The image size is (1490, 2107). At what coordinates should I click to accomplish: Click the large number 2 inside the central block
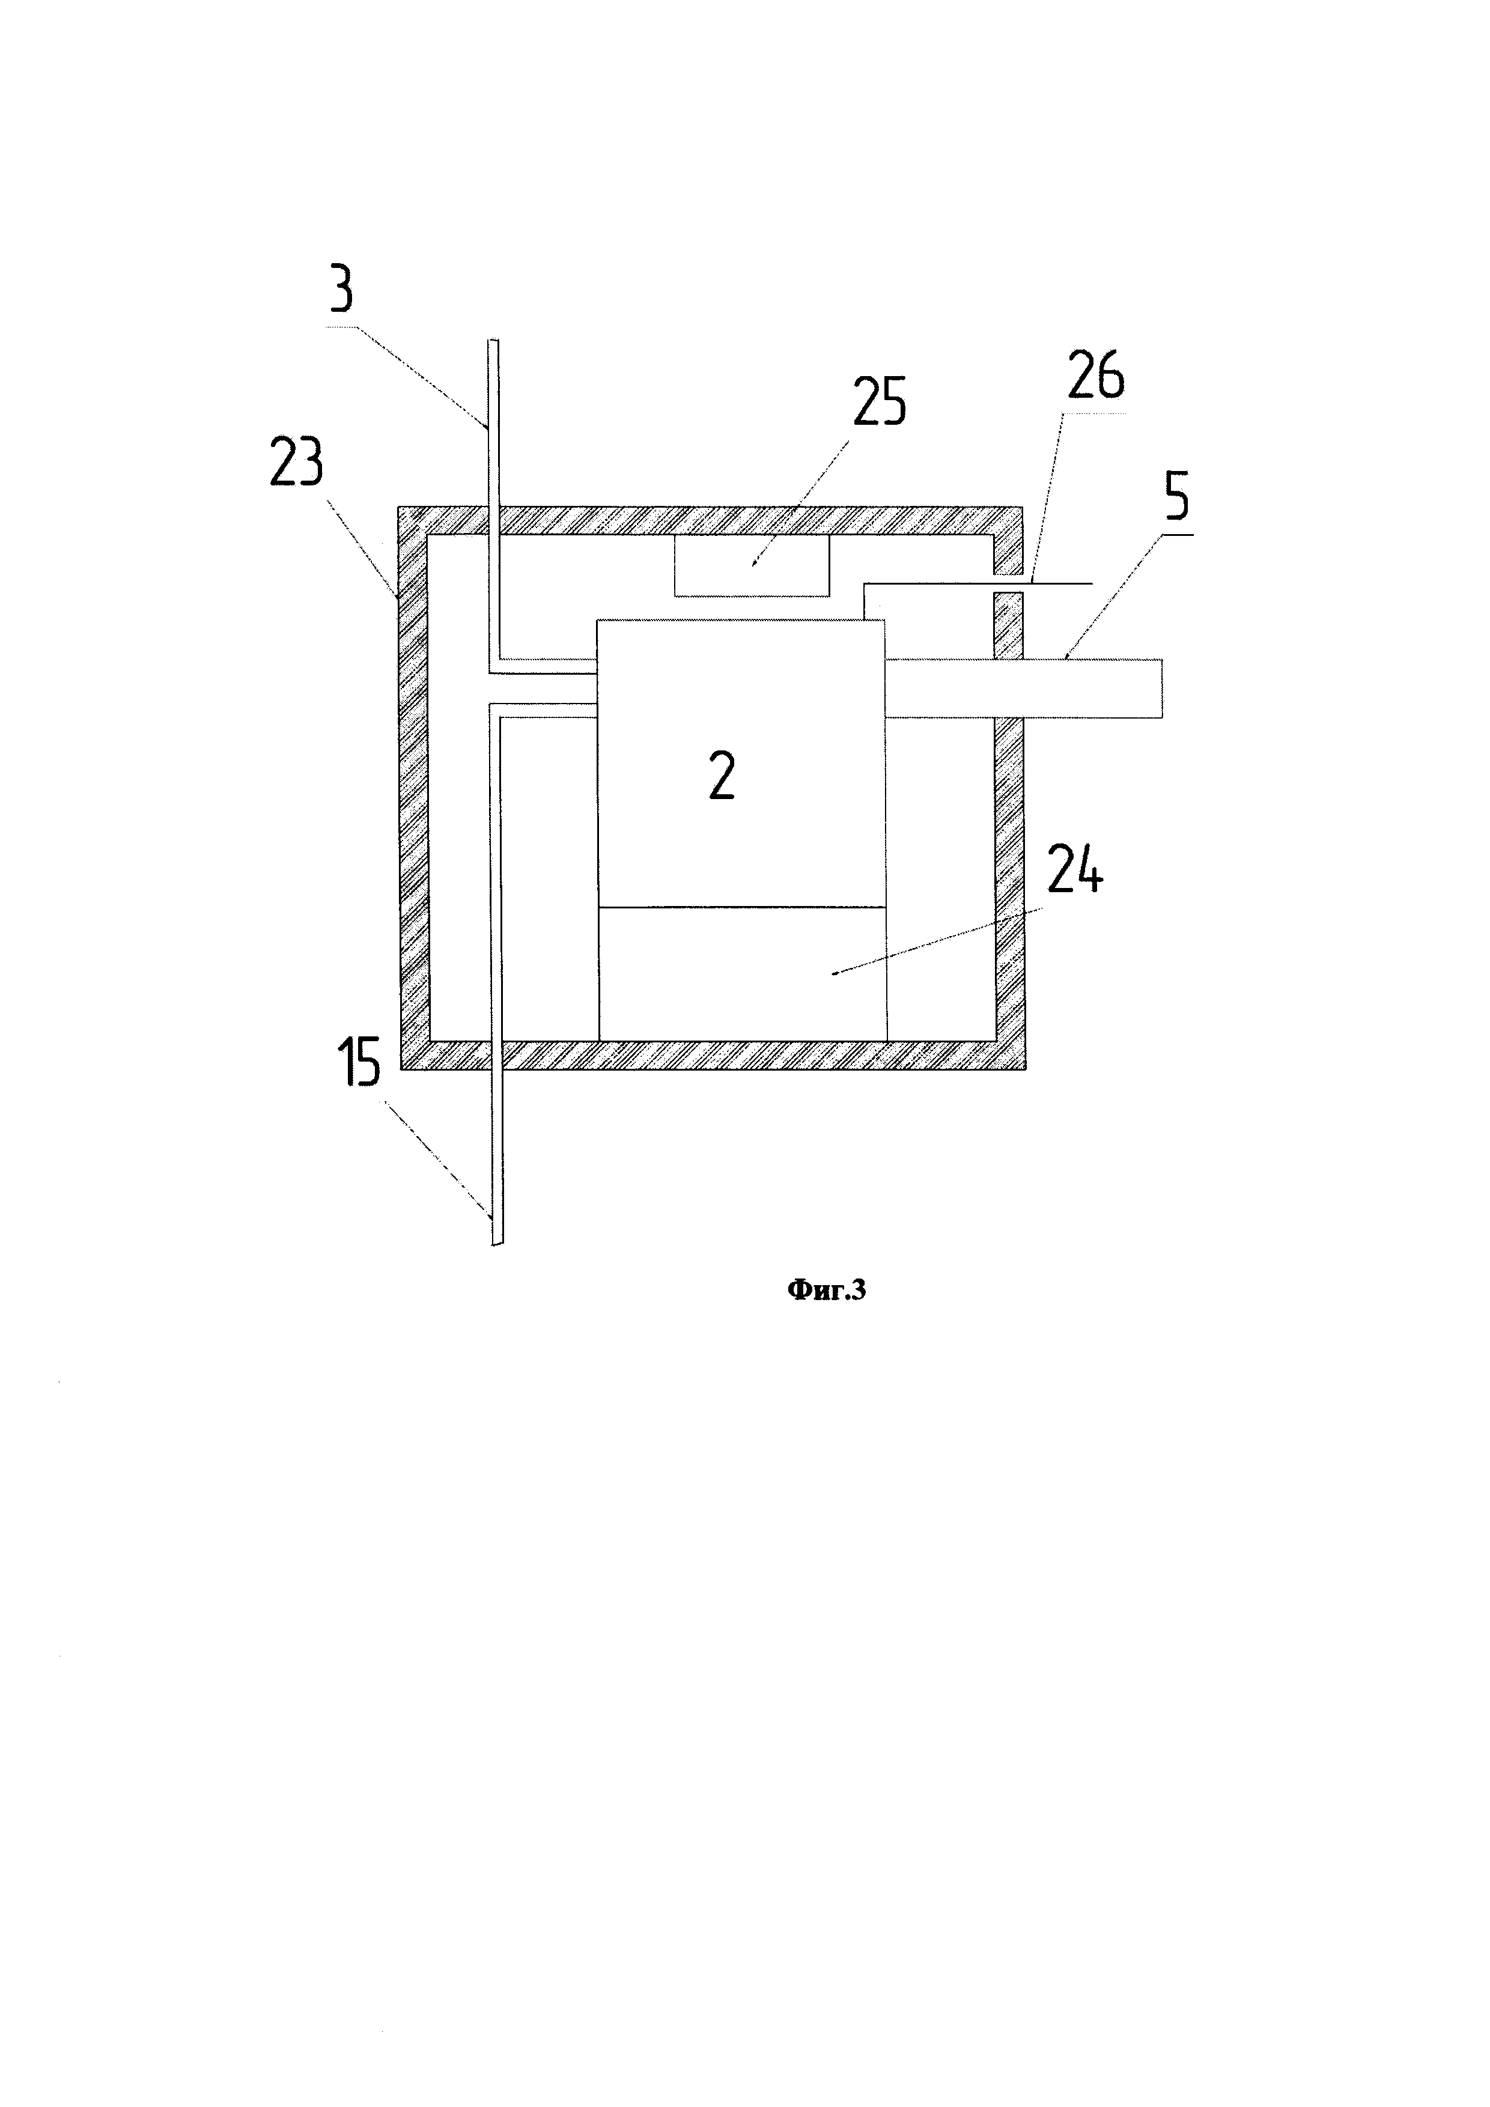pyautogui.click(x=722, y=778)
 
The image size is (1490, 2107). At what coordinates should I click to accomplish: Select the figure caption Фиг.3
pyautogui.click(x=827, y=1291)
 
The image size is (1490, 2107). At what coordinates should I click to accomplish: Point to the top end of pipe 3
pyautogui.click(x=494, y=344)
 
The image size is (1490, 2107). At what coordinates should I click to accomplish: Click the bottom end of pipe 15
pyautogui.click(x=496, y=1241)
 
